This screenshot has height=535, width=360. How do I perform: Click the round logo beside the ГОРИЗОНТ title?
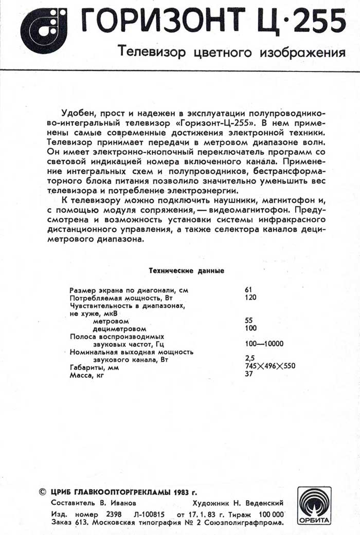(44, 30)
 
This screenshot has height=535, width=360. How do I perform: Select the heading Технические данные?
(186, 270)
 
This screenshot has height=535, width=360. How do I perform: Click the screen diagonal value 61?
(249, 290)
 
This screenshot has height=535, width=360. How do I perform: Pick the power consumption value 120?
(251, 297)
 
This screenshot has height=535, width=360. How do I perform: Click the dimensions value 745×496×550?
(271, 366)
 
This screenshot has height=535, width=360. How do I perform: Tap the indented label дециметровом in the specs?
(119, 328)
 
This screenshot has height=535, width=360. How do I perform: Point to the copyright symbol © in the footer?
(43, 492)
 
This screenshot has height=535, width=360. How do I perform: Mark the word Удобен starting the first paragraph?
(76, 113)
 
